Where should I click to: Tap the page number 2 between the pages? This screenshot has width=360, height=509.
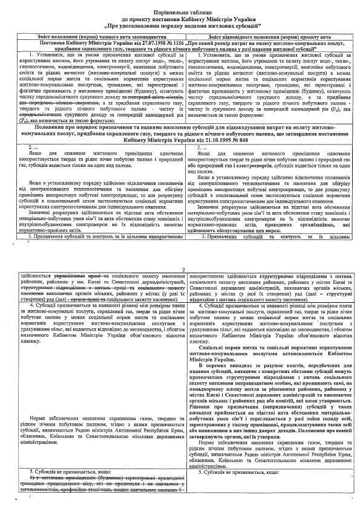182,270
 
